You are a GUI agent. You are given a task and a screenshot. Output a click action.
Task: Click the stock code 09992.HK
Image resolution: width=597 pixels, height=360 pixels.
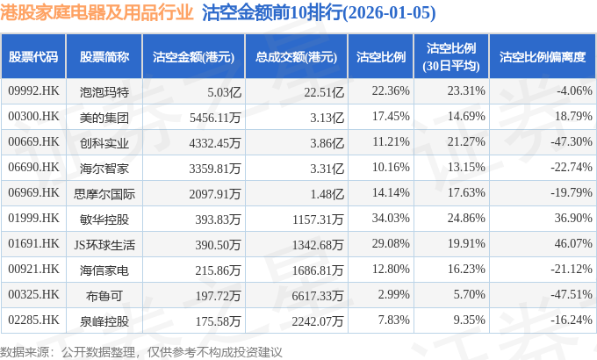[32, 90]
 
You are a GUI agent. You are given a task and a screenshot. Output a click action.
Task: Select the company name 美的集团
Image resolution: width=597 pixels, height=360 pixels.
[104, 116]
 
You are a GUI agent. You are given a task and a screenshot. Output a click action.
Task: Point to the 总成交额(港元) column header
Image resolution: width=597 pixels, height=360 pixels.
[297, 57]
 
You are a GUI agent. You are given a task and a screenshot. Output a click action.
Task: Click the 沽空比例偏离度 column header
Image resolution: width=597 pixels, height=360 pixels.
[542, 57]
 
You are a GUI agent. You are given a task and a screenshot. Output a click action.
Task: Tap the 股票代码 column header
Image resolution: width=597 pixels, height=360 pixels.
[33, 57]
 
